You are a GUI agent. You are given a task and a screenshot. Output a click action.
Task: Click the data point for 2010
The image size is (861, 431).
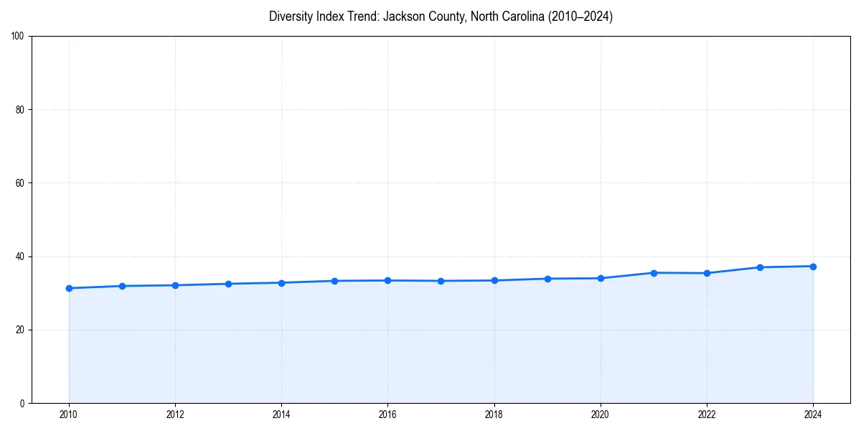69,288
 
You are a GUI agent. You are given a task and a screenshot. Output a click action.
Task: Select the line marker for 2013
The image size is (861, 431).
228,284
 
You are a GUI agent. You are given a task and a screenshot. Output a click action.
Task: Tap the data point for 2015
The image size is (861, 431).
334,281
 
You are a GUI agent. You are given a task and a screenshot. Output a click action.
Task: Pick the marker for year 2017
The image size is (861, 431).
441,281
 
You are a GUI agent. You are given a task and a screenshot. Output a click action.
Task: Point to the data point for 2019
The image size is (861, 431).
547,279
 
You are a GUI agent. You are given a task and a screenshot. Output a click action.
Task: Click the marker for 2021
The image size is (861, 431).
654,273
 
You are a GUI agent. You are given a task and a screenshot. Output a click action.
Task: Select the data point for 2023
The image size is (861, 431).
760,267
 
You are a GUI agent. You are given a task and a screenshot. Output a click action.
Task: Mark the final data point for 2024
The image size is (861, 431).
813,267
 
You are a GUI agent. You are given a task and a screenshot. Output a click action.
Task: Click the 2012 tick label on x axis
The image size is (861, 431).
175,414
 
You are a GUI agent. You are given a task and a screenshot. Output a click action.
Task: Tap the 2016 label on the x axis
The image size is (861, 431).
387,414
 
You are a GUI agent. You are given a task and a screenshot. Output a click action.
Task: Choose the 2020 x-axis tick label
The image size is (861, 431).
601,414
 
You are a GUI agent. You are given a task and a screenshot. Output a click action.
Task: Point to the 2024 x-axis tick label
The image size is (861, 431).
813,414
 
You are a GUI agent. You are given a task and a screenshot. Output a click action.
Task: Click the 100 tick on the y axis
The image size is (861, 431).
19,36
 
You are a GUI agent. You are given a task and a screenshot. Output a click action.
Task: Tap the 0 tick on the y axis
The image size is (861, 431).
23,403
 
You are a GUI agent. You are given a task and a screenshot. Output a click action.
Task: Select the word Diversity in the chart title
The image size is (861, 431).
292,17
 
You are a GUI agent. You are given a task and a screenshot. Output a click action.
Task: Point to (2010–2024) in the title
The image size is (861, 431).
580,17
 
